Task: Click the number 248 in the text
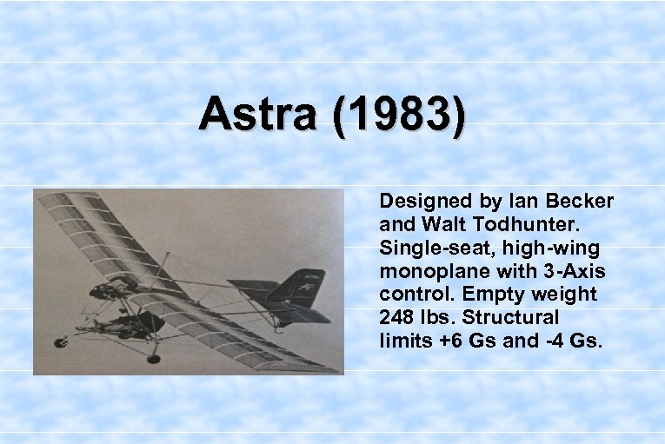(396, 318)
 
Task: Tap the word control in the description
(409, 295)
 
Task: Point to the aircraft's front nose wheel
(62, 342)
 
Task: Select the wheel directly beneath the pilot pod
(153, 357)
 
